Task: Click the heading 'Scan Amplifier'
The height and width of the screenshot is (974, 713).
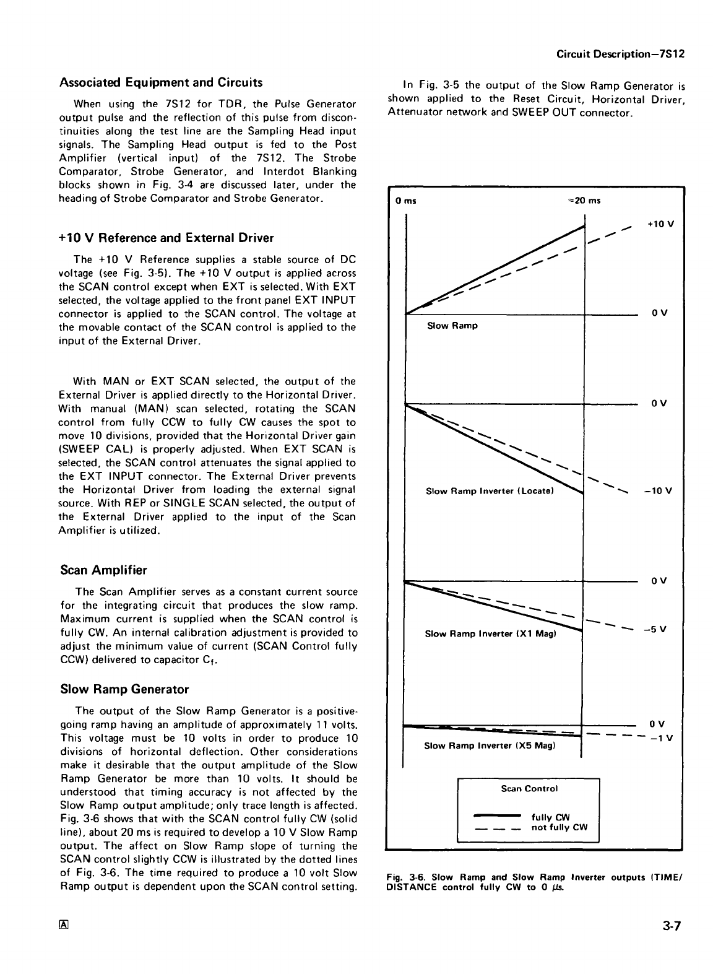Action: click(103, 570)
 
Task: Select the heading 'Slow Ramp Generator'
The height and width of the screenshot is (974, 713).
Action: click(124, 689)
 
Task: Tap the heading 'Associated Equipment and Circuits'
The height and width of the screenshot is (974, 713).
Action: click(161, 82)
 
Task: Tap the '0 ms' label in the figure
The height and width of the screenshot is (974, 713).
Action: click(407, 201)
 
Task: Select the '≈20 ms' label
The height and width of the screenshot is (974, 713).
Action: click(584, 201)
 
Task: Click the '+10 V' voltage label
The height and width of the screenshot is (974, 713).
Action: click(660, 224)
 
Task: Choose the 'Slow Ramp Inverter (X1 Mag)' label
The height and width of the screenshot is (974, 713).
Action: click(490, 633)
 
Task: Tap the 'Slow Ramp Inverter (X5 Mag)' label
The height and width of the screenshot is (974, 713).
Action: click(490, 746)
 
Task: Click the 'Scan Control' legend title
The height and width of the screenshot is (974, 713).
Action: click(529, 788)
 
